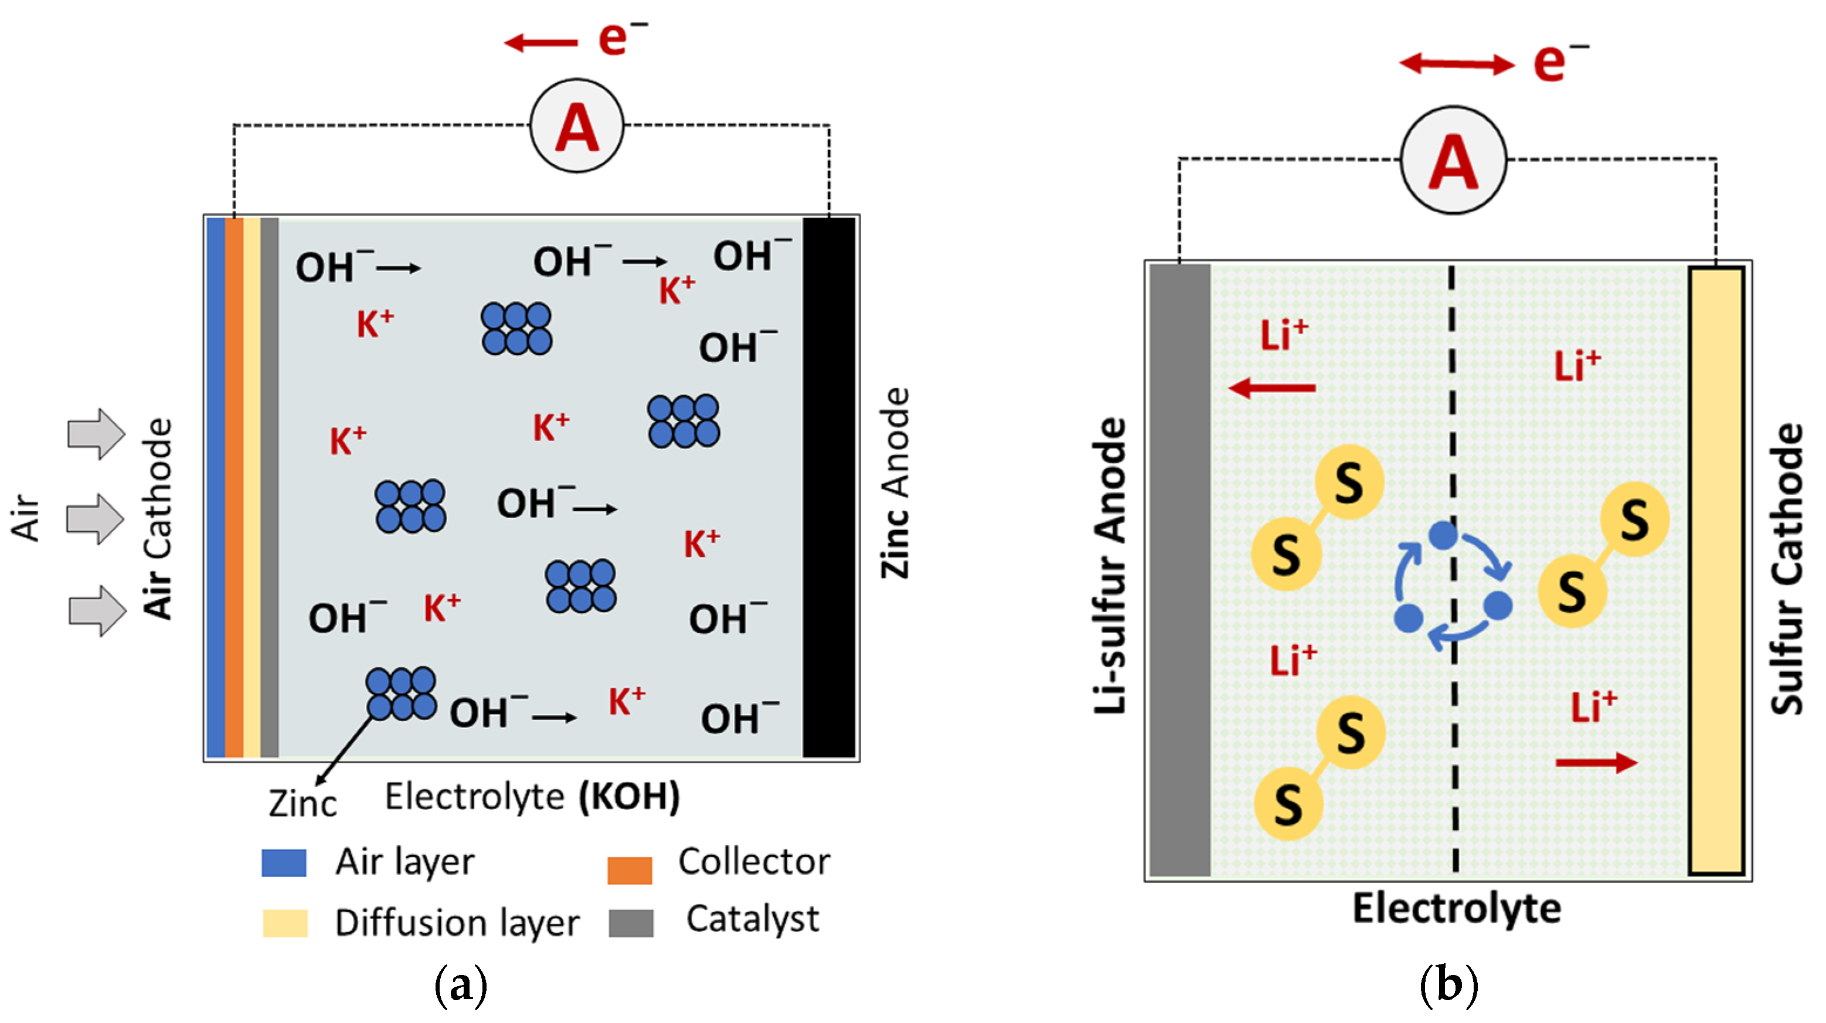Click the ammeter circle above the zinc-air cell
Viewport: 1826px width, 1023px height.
577,125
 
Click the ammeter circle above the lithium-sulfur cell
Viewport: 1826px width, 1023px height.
1453,159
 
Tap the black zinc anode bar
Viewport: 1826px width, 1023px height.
829,488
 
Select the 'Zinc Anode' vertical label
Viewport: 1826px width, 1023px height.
895,484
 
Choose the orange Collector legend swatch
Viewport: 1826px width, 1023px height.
630,871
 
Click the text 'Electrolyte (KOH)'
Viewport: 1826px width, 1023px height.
532,796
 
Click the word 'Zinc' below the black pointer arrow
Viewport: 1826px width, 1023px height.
302,804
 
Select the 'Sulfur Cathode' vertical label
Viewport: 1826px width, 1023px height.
1786,569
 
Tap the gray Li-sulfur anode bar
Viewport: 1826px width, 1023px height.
1180,570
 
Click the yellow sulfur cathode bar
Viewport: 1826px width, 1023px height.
1716,570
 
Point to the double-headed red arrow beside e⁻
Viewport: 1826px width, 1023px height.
1457,64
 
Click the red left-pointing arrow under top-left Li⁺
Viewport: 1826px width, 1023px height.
1271,388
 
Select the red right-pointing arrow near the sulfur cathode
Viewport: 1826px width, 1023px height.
1597,763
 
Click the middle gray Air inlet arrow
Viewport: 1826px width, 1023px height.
96,519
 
